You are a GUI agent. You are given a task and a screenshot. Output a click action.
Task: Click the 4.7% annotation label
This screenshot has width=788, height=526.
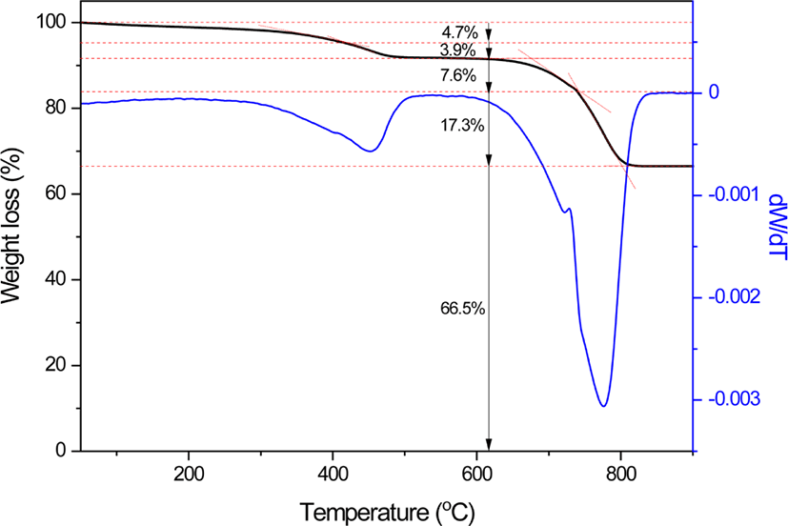[460, 33]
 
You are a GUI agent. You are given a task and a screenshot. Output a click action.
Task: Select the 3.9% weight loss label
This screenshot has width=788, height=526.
[457, 51]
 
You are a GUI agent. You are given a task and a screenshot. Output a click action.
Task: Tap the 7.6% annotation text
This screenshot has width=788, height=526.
[457, 75]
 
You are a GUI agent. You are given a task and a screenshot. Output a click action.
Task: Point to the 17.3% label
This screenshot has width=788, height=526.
[462, 125]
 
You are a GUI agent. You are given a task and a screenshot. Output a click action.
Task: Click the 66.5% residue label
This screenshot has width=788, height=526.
[463, 309]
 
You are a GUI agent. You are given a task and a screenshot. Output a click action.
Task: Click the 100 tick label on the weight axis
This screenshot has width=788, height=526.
[51, 23]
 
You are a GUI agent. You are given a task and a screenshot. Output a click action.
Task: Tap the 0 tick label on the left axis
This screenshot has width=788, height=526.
[61, 450]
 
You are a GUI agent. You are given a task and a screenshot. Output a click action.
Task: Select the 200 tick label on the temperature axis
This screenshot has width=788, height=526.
[189, 475]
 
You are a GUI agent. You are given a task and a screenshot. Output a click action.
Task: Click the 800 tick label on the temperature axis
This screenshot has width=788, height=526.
[621, 475]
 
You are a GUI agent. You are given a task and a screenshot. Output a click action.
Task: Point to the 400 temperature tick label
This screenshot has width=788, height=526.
[333, 475]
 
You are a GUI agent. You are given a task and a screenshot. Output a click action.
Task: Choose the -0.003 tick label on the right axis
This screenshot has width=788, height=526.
[735, 399]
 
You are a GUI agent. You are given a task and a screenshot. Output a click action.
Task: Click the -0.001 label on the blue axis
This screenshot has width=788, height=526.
[735, 194]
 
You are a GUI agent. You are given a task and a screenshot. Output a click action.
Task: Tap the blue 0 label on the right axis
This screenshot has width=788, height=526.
[714, 92]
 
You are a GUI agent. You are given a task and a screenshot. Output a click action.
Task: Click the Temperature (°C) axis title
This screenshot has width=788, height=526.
[388, 513]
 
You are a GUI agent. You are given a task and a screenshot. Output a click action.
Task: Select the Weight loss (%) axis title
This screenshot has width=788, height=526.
[11, 226]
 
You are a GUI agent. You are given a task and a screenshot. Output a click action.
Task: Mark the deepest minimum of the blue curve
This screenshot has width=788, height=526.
[603, 406]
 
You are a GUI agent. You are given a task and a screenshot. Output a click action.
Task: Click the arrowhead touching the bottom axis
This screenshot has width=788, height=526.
[489, 444]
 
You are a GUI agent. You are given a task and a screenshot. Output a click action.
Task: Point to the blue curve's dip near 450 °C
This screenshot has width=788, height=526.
[370, 151]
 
